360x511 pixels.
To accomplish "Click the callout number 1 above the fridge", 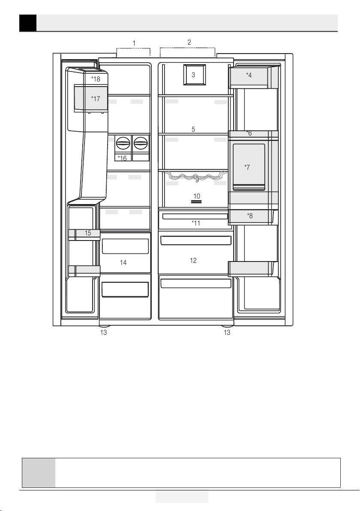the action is pyautogui.click(x=134, y=43).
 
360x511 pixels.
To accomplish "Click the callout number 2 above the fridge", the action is pyautogui.click(x=189, y=42).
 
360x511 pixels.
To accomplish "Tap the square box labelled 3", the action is pyautogui.click(x=195, y=75).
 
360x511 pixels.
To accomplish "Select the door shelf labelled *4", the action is pyautogui.click(x=254, y=77).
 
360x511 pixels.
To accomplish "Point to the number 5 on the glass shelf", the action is pyautogui.click(x=193, y=129).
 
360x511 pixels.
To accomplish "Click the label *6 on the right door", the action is pyautogui.click(x=249, y=133).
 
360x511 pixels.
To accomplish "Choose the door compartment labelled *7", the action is pyautogui.click(x=249, y=167).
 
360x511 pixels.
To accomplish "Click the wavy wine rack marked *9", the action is pyautogui.click(x=196, y=176).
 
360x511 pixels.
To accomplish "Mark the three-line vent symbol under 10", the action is pyautogui.click(x=196, y=202).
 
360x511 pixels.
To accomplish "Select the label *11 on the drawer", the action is pyautogui.click(x=195, y=223).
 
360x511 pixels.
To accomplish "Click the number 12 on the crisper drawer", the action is pyautogui.click(x=193, y=260).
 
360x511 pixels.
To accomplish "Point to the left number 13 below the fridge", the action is pyautogui.click(x=104, y=332).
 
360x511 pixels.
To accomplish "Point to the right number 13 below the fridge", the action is pyautogui.click(x=227, y=332).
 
